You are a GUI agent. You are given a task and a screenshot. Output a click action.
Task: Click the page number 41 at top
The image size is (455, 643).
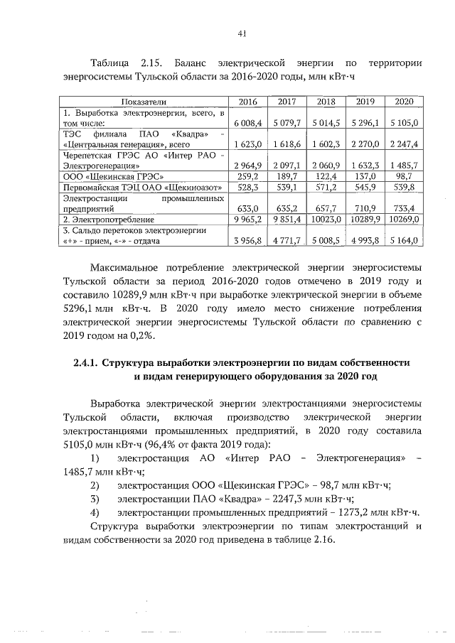tap(242, 33)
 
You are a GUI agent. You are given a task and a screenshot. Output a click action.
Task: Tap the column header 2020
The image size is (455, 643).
tap(404, 102)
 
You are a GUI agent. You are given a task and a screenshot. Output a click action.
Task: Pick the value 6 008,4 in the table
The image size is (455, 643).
tap(250, 123)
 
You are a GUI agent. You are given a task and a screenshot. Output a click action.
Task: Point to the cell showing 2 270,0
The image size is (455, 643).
tap(364, 144)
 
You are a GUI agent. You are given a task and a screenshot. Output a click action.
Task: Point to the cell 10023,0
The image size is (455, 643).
tap(325, 220)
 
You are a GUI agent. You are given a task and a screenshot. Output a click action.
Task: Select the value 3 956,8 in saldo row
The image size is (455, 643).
tap(250, 242)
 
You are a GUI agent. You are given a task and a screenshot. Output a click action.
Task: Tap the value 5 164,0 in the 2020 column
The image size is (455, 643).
tap(405, 242)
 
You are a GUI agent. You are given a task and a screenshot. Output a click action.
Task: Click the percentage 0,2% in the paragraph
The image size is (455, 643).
tap(149, 335)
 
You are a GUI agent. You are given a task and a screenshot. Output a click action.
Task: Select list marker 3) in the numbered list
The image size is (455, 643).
tap(95, 499)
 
